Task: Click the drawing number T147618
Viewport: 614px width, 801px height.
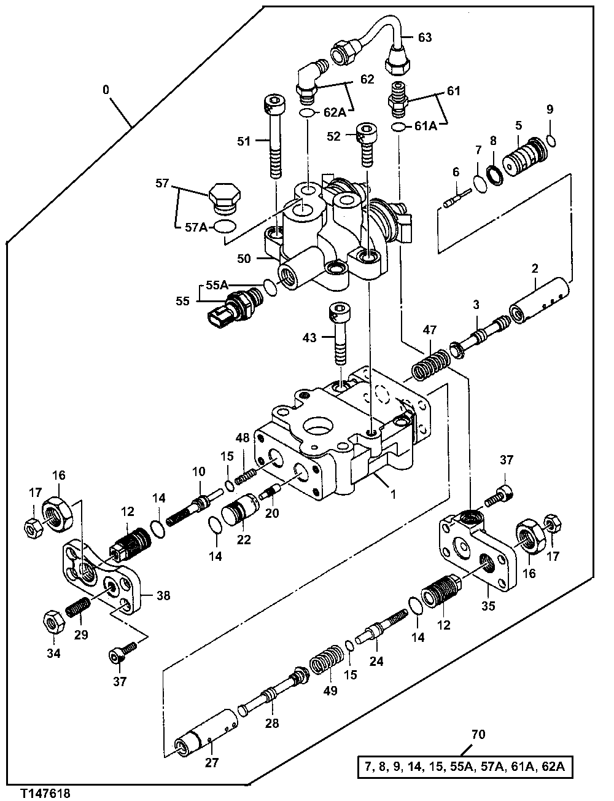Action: coord(44,794)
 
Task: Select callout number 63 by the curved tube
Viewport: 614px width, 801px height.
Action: coord(425,37)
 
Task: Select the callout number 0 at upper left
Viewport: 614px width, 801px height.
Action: coord(106,90)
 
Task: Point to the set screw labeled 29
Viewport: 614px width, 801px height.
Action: coord(77,608)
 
